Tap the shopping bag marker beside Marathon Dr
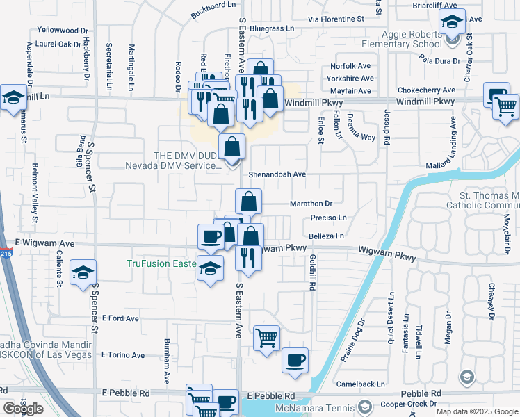click(248, 202)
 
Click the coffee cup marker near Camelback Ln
click(295, 361)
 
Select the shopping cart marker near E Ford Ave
click(266, 338)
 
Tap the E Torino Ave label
click(123, 355)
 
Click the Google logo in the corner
click(23, 409)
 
